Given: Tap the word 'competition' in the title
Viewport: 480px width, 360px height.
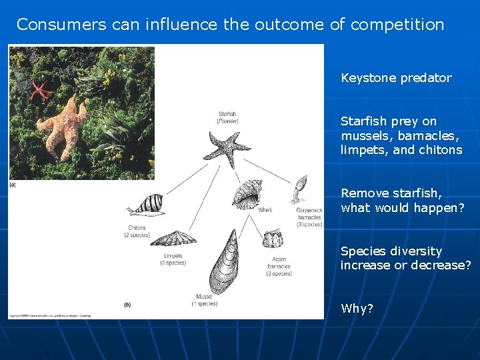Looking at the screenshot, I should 397,25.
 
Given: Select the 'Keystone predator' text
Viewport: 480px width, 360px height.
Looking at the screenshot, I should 396,78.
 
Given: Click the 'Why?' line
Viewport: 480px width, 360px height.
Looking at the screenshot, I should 357,309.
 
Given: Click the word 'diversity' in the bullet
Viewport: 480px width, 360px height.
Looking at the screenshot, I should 417,251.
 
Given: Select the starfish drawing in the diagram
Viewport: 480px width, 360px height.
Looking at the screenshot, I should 227,148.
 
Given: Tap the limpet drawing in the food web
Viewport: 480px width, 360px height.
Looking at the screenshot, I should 173,238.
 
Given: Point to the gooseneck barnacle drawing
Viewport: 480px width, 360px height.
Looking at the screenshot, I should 299,189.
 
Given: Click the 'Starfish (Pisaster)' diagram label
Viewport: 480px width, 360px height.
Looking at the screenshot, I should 227,117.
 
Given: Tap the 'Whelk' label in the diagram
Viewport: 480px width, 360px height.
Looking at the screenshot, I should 265,211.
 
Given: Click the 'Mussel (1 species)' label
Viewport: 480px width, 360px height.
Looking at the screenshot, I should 206,300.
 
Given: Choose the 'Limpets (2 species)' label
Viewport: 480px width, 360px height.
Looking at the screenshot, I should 173,259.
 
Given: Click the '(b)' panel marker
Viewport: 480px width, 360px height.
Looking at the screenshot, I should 127,305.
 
